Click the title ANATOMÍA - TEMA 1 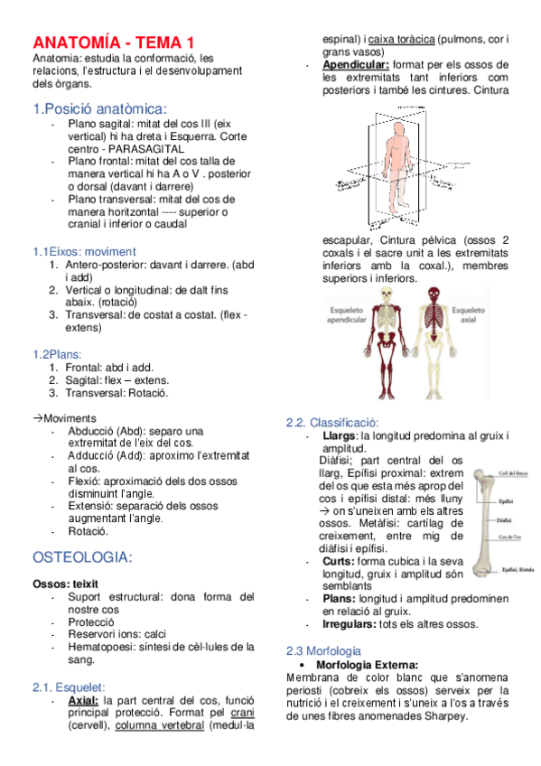click(x=114, y=42)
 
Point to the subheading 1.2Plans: click(x=57, y=354)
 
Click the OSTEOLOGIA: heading click(x=82, y=556)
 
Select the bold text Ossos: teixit click(x=65, y=584)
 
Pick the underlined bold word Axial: click(x=83, y=700)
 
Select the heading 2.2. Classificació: click(x=331, y=423)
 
